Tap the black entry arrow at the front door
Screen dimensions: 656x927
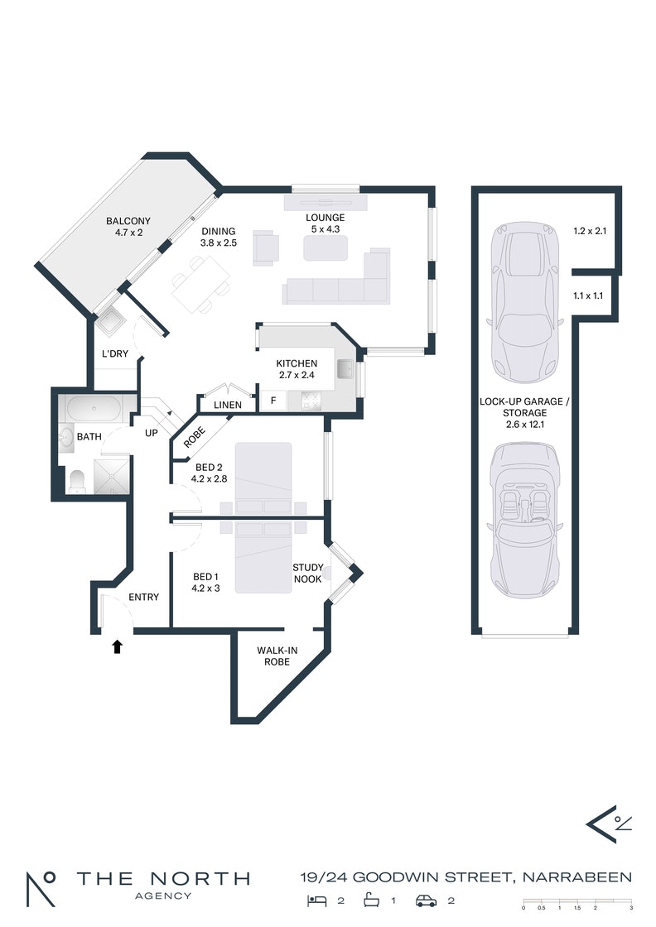coord(117,646)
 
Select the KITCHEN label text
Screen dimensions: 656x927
coord(297,363)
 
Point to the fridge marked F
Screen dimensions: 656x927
coord(273,401)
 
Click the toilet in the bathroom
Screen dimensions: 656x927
coord(78,481)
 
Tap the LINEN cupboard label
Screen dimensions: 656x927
coord(228,405)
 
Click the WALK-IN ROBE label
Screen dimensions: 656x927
coord(277,656)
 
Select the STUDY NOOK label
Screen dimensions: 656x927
coord(307,573)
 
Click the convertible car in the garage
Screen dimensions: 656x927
coord(524,521)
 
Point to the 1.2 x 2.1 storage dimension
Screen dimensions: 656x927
coord(590,231)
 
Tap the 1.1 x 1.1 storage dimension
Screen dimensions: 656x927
coord(588,295)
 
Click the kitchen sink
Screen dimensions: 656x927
coord(345,369)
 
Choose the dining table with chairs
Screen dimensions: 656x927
coord(200,285)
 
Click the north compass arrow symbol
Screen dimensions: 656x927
coord(607,824)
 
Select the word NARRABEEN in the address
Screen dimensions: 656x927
coord(577,877)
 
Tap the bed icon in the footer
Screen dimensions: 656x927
coord(317,901)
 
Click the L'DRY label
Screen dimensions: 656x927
coord(115,353)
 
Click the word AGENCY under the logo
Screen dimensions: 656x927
coord(163,896)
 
